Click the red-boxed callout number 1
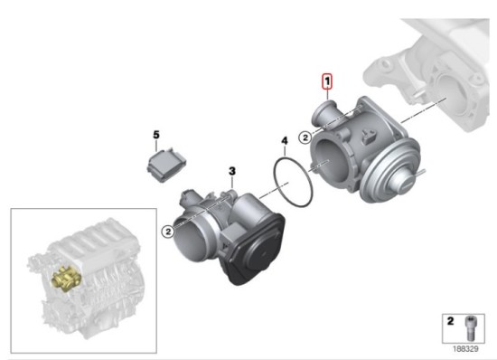[x=327, y=81]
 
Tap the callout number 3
[x=232, y=171]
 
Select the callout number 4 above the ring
[x=285, y=141]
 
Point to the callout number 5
[x=156, y=135]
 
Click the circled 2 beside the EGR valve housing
[x=305, y=137]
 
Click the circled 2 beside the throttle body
[x=168, y=232]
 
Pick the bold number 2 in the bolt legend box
[x=450, y=321]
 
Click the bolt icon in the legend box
[x=470, y=328]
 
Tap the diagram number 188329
[x=465, y=349]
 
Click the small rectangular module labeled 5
[x=167, y=165]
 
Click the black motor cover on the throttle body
[x=257, y=249]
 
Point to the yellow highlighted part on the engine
[x=67, y=278]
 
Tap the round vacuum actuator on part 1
[x=395, y=171]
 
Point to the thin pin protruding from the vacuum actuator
[x=422, y=173]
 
